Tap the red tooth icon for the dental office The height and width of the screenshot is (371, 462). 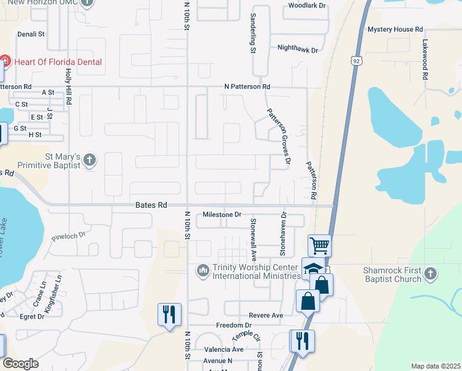click(5, 62)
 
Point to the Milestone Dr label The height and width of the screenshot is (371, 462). click(222, 215)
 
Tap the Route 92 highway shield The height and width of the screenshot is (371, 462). click(356, 61)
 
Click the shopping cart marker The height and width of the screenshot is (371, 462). click(319, 245)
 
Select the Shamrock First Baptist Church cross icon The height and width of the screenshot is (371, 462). click(430, 273)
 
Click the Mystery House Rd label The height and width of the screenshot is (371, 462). click(395, 29)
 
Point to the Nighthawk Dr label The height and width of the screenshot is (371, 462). click(297, 49)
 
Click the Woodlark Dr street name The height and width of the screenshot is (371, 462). click(307, 6)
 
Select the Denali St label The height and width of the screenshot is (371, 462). click(31, 35)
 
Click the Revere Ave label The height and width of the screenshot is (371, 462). click(266, 315)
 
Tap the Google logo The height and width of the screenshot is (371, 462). click(21, 364)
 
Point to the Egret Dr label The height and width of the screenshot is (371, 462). click(32, 317)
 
